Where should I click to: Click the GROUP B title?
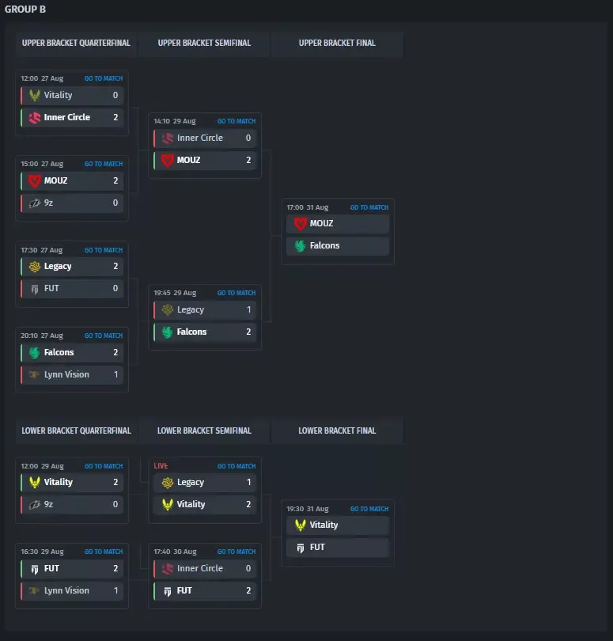coord(25,9)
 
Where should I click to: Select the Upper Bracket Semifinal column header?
coord(204,43)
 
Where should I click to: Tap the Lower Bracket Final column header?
coord(337,430)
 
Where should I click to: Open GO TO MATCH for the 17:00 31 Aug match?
coord(369,207)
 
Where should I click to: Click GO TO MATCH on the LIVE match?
coord(236,466)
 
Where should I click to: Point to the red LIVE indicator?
coord(161,466)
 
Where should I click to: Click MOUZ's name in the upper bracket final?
coord(321,223)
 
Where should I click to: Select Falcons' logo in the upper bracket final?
coord(301,245)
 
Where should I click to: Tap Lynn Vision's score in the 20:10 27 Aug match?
coord(115,374)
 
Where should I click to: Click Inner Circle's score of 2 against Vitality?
coord(115,117)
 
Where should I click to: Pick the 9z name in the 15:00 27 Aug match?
coord(48,203)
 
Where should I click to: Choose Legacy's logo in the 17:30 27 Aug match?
coord(35,267)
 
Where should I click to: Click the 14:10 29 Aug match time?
coord(175,121)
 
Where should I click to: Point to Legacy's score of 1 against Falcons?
coord(248,309)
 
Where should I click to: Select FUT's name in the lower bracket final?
coord(317,547)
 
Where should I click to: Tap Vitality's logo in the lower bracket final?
coord(301,525)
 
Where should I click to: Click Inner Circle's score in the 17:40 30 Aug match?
coord(248,568)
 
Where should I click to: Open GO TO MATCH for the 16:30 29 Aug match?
coord(104,552)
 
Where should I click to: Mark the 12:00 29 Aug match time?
coord(42,466)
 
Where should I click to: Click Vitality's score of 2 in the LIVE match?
coord(248,504)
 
